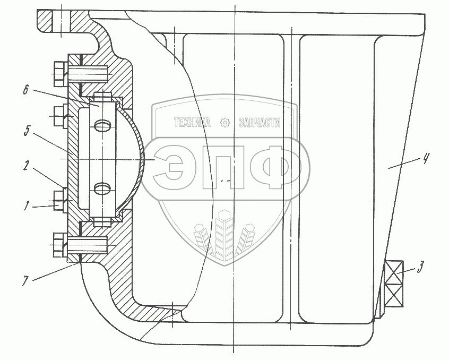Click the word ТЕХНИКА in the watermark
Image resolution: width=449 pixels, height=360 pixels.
(x=193, y=123)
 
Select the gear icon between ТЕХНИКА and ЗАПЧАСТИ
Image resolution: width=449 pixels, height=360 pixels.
(x=225, y=123)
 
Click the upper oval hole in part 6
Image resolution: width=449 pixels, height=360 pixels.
(x=103, y=125)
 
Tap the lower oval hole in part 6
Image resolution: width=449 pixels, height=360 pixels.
(x=103, y=187)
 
